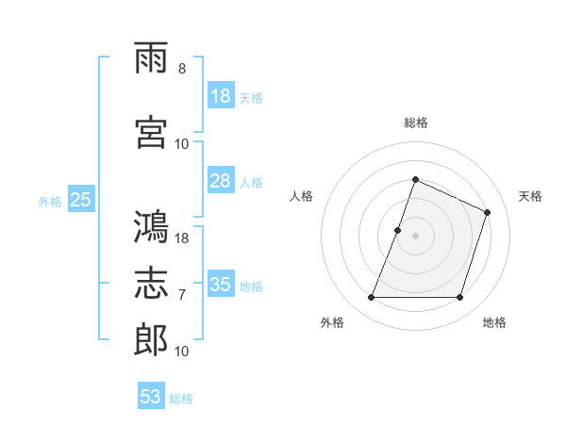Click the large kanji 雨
tap(151, 57)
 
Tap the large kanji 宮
tap(151, 132)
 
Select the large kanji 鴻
tap(151, 226)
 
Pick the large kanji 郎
tap(151, 339)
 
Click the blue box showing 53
tap(151, 395)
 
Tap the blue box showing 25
tap(81, 199)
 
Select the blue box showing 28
tap(221, 180)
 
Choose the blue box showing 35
tap(221, 283)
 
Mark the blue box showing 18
tap(221, 95)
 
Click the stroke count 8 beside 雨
tap(182, 69)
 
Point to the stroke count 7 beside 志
tap(182, 295)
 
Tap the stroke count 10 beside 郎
tap(181, 351)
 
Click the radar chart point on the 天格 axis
tap(487, 212)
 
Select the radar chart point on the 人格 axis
tap(397, 231)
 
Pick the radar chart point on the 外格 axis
tap(371, 297)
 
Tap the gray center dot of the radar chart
tap(415, 236)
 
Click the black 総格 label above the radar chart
tap(416, 123)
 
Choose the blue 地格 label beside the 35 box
tap(251, 287)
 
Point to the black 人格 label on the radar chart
tap(301, 196)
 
